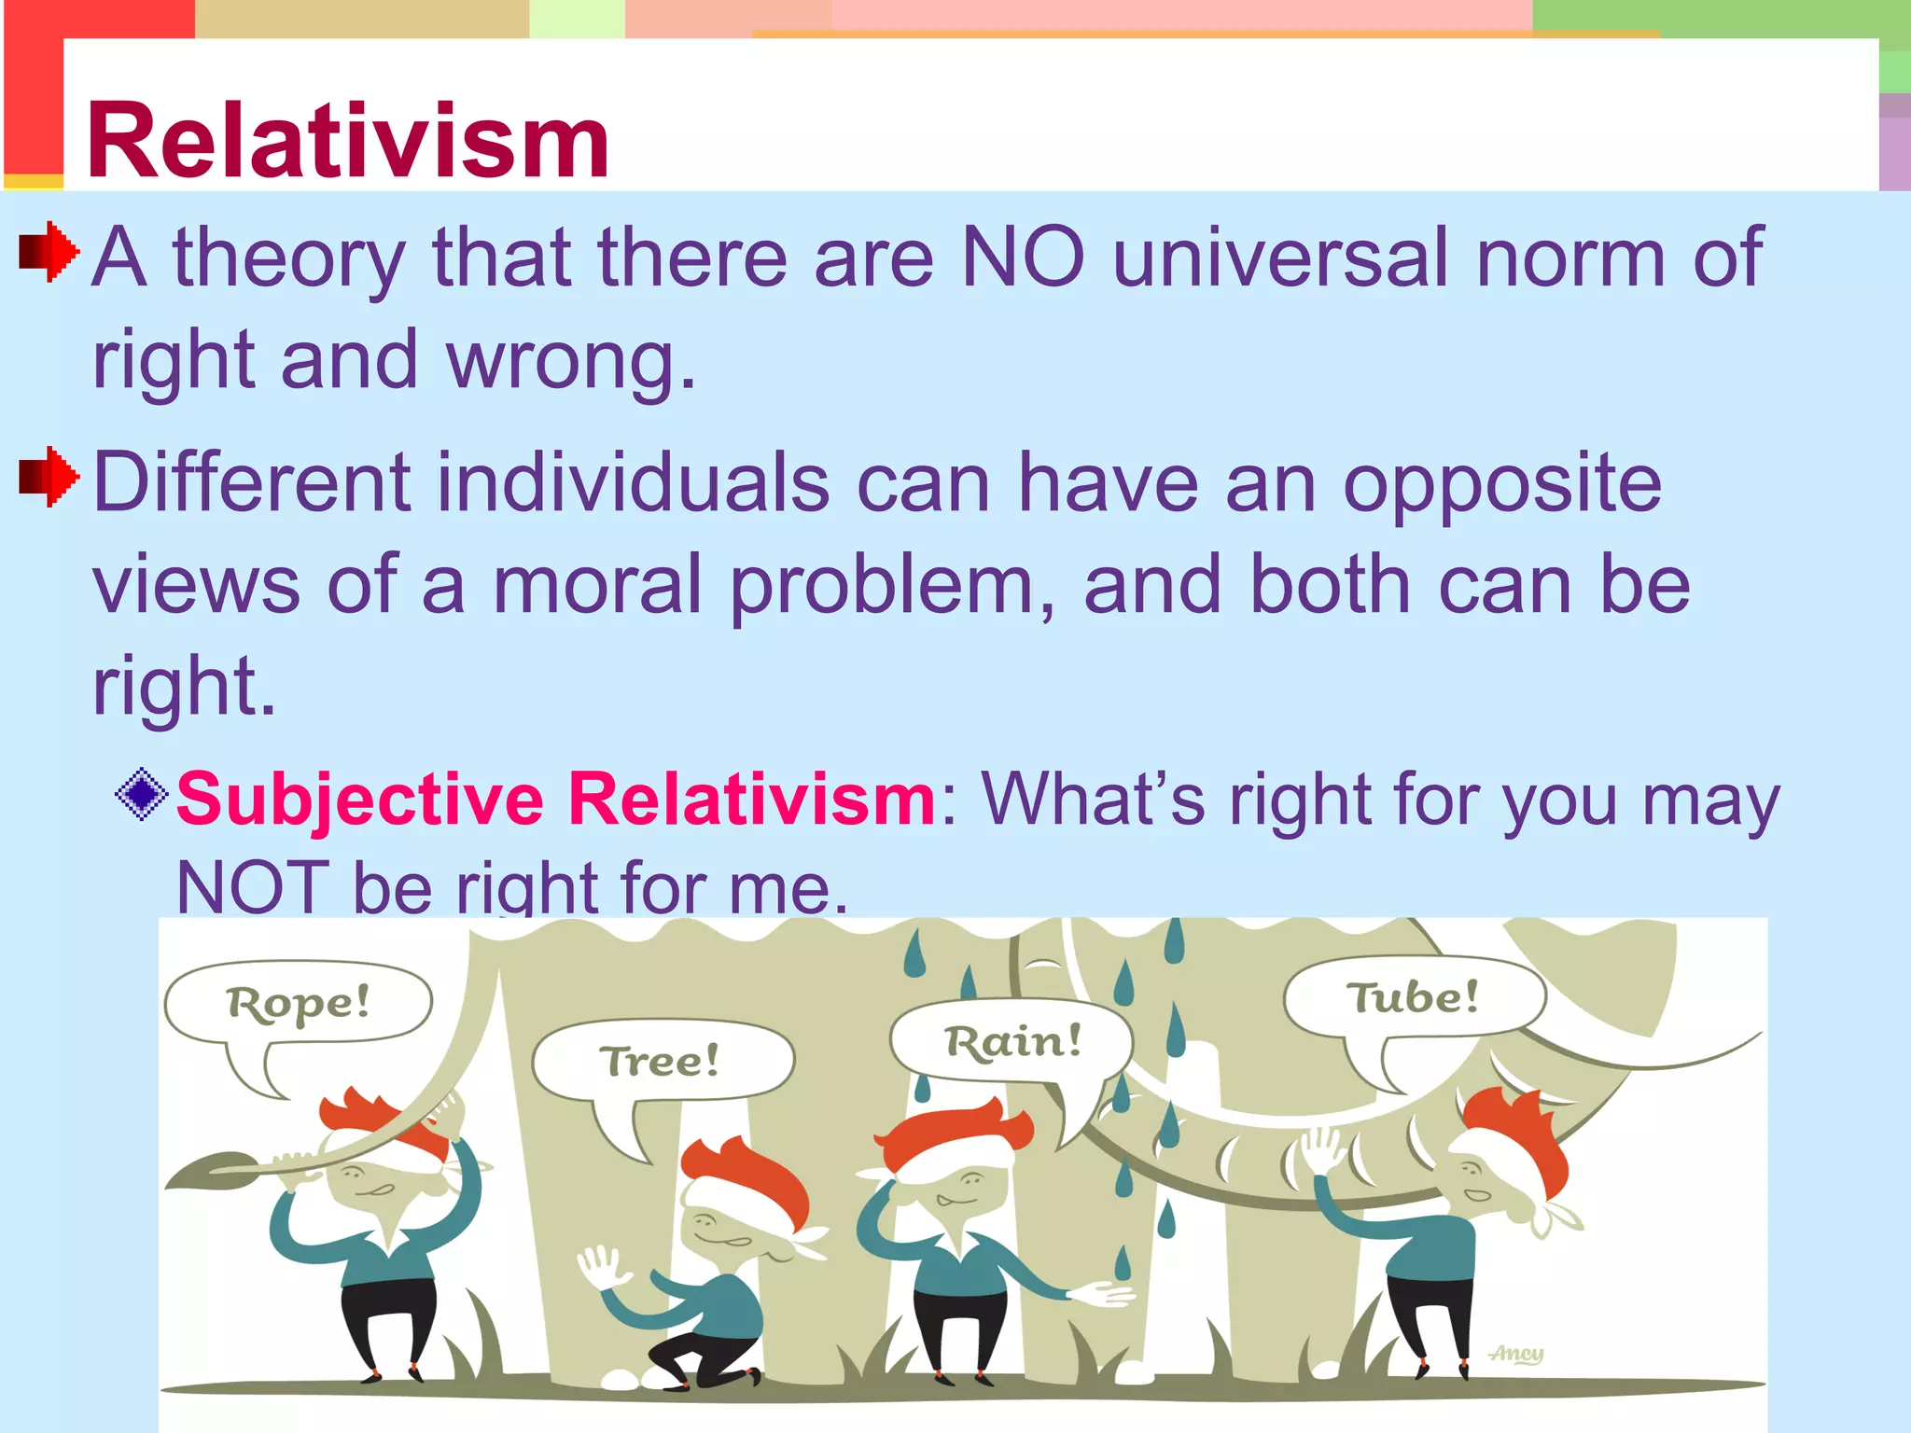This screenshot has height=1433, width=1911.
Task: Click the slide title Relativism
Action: point(347,142)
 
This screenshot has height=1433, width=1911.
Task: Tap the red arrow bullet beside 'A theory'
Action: point(49,251)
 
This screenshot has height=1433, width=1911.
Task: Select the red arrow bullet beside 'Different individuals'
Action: point(49,477)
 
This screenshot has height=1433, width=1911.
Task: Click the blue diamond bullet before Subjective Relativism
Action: point(142,794)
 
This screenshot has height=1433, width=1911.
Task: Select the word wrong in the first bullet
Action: point(570,360)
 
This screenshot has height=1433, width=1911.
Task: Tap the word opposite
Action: point(1501,483)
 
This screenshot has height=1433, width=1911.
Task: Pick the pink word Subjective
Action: point(359,800)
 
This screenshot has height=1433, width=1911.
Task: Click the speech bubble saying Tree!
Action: point(661,1060)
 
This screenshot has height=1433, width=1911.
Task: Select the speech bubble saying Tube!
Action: point(1412,996)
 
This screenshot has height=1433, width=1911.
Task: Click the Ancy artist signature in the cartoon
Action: point(1516,1353)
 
